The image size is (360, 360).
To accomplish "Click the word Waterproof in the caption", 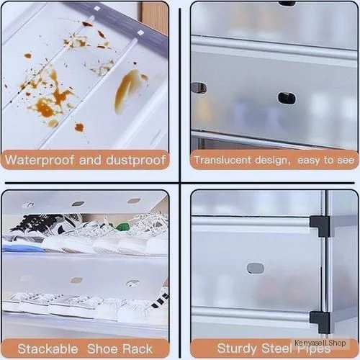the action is pyautogui.click(x=40, y=160).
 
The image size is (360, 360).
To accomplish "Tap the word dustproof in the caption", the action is pyautogui.click(x=136, y=160).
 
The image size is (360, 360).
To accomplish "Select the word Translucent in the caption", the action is pyautogui.click(x=222, y=160).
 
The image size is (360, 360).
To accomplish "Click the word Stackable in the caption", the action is pyautogui.click(x=48, y=348).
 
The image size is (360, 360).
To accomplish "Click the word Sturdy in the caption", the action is pyautogui.click(x=237, y=348).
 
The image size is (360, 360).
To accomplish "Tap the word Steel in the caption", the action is pyautogui.click(x=276, y=348).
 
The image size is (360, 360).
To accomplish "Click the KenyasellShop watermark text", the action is pyautogui.click(x=320, y=343).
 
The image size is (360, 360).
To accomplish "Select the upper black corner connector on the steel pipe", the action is pyautogui.click(x=320, y=225).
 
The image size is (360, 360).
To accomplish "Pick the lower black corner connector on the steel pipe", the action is pyautogui.click(x=320, y=322).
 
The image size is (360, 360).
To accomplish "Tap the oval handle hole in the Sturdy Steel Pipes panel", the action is pyautogui.click(x=256, y=268).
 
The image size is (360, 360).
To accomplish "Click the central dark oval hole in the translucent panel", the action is pyautogui.click(x=287, y=98).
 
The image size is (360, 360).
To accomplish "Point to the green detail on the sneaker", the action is pyautogui.click(x=122, y=227).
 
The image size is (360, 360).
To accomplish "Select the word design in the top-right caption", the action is pyautogui.click(x=271, y=161).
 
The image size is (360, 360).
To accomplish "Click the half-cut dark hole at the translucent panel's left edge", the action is pyautogui.click(x=198, y=88).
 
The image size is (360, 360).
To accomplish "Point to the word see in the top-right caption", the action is pyautogui.click(x=346, y=161).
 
